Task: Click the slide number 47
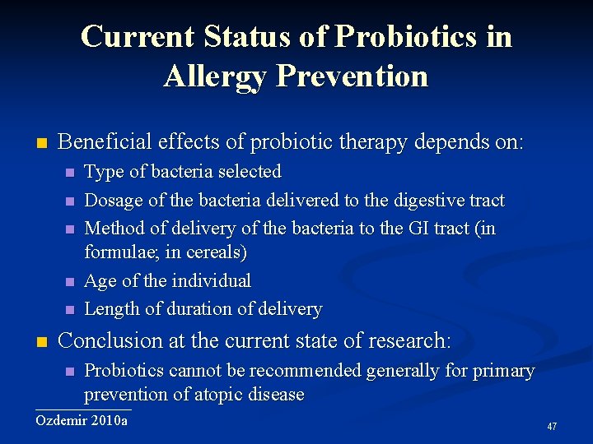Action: [552, 426]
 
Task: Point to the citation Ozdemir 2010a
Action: [82, 420]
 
